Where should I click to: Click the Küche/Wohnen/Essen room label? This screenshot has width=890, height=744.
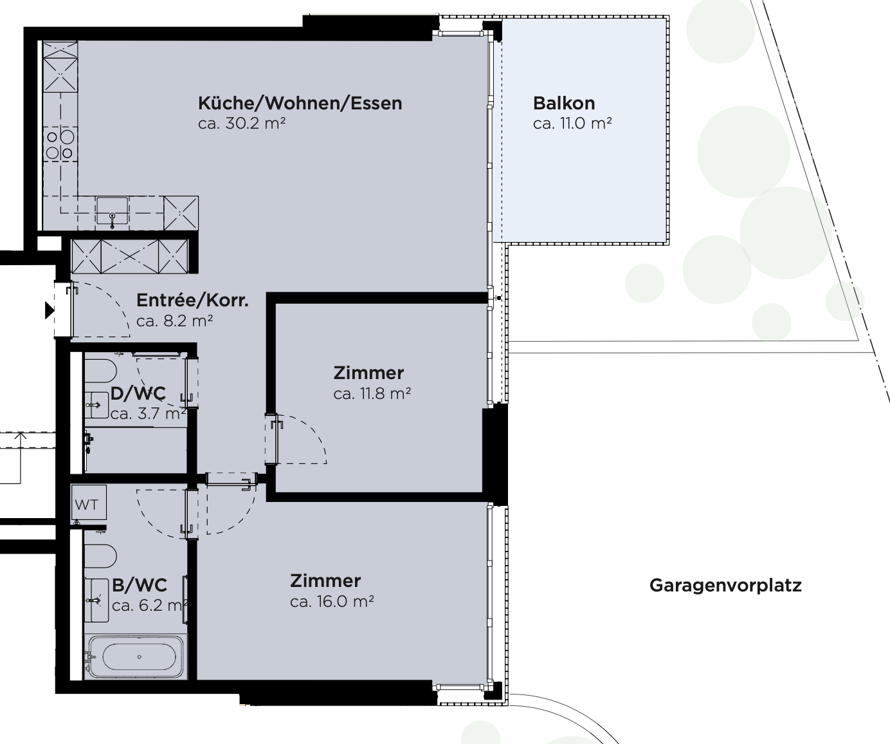pos(300,103)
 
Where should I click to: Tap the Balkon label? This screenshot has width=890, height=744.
pos(564,103)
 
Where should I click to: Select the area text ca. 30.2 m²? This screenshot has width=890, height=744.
pos(242,124)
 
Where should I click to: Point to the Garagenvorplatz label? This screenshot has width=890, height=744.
pos(725,586)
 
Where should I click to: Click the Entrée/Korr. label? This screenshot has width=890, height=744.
pos(192,301)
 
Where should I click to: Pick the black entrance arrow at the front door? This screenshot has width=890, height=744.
pos(50,310)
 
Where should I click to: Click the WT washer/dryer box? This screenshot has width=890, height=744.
pos(89,503)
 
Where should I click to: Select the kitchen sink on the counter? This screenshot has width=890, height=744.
pos(112,210)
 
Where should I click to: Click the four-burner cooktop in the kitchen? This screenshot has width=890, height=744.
pos(60,145)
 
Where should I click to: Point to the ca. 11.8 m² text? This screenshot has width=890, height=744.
pos(372,393)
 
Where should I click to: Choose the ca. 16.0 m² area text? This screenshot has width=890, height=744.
pos(332,601)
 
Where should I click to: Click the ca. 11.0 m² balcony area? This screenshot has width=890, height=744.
pos(572,124)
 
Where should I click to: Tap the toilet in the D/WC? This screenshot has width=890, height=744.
pos(100,371)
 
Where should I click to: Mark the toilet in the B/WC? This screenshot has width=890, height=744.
pos(100,556)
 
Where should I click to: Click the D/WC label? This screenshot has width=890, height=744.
pos(138,393)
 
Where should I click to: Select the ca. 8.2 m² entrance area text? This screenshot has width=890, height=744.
pos(175,321)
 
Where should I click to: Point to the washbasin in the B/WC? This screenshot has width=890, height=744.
pos(96,600)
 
